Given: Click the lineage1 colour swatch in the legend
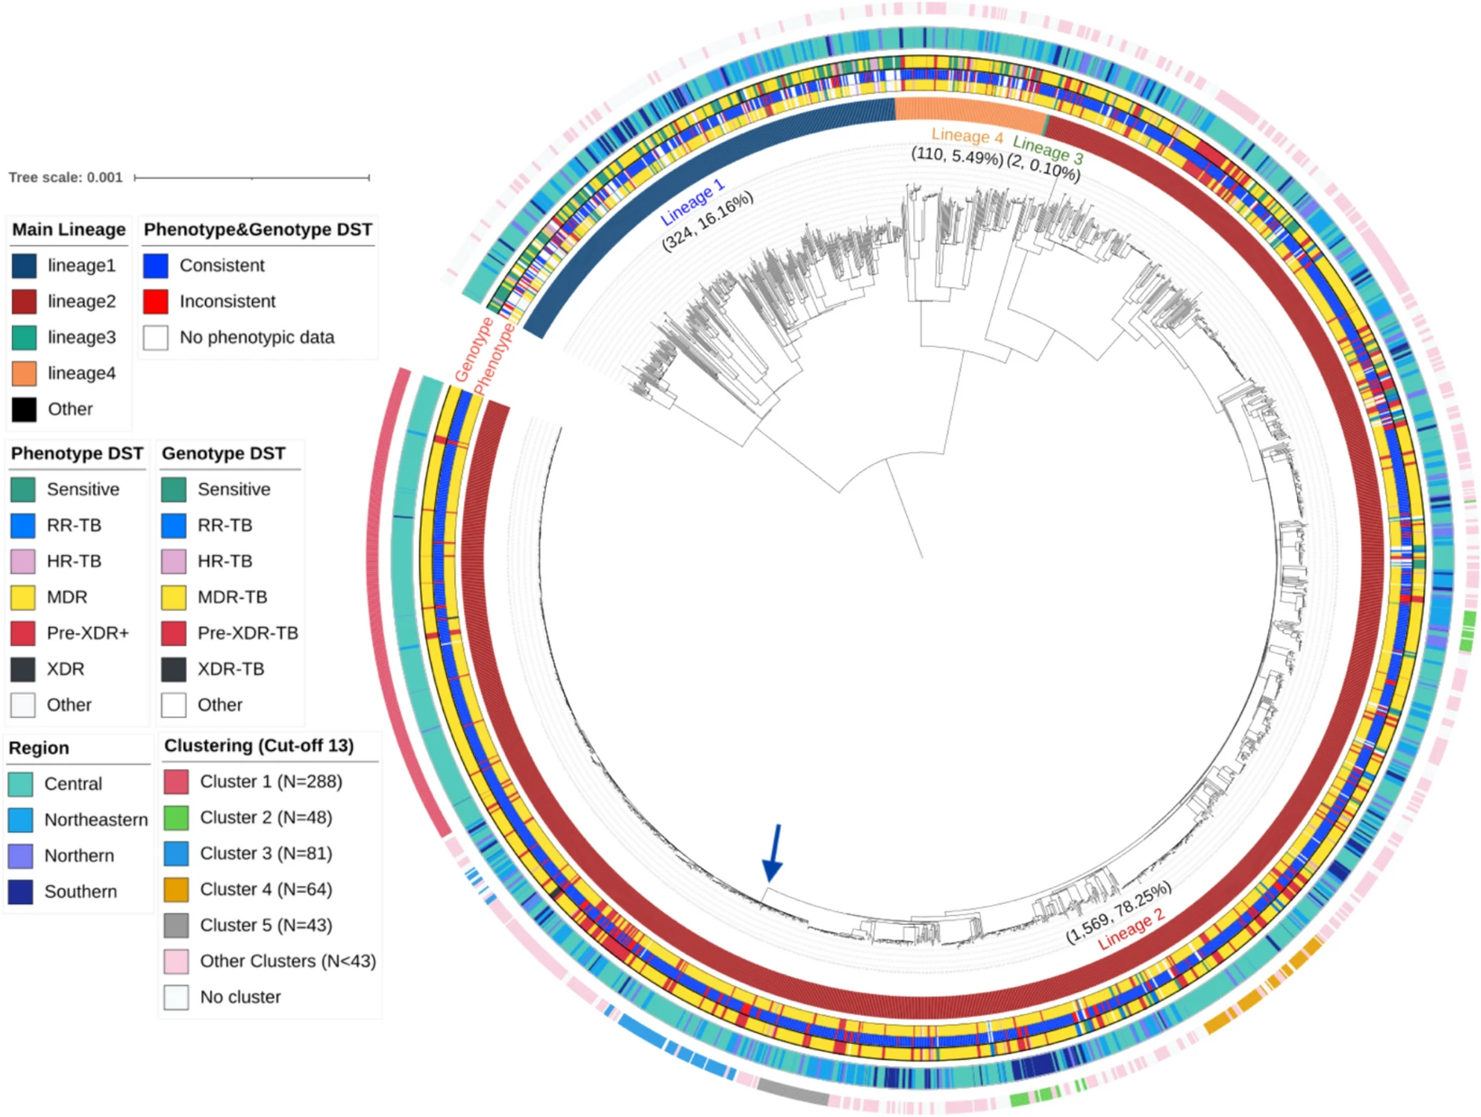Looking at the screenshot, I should (24, 266).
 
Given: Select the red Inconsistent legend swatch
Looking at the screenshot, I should (156, 302).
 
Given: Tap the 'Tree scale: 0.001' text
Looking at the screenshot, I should (66, 178).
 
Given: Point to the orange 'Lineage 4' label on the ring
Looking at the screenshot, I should (966, 136).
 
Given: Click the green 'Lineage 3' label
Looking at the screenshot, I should (1047, 149).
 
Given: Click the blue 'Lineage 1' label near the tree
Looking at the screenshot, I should (692, 202).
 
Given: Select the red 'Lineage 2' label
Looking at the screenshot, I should (1131, 928).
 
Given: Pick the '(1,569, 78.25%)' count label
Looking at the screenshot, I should (1118, 912).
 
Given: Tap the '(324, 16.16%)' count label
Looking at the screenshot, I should (707, 221).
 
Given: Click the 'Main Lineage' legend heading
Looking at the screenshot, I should (68, 229).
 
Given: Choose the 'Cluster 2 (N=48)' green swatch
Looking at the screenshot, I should (176, 818).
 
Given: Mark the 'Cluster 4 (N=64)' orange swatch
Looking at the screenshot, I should (176, 889).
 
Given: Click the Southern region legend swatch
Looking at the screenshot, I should (20, 892).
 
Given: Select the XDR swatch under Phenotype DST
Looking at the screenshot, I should (23, 669).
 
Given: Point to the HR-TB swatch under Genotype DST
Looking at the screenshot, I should (174, 562).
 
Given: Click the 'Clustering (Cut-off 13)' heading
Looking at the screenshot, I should (258, 745).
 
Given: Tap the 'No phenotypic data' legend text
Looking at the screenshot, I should (257, 338).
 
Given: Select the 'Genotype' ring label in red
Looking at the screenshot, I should (473, 350).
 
